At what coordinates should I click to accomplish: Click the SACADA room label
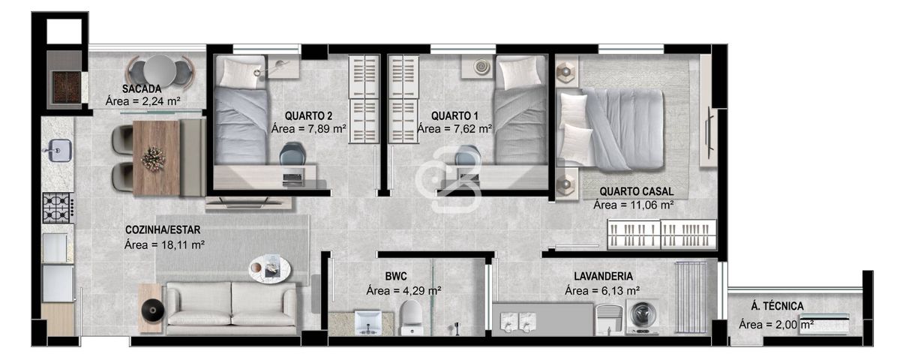click(x=142, y=88)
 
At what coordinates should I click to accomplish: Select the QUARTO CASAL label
click(x=637, y=192)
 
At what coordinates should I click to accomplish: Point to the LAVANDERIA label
click(x=603, y=277)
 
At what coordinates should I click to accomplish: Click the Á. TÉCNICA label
click(x=778, y=306)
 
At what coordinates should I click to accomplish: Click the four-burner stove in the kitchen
click(x=58, y=208)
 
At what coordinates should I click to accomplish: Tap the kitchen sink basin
click(x=60, y=150)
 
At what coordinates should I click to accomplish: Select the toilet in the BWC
click(x=412, y=317)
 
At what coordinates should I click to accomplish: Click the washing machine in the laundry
click(x=643, y=317)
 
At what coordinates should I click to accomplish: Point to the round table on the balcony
click(x=160, y=70)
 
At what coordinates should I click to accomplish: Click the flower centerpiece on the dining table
click(x=153, y=159)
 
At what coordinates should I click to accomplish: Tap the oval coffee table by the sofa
click(x=269, y=268)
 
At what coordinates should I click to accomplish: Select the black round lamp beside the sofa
click(x=153, y=310)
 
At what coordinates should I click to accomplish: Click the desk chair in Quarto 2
click(x=292, y=154)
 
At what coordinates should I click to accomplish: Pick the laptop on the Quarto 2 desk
click(x=293, y=178)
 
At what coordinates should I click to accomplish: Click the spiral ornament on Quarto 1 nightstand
click(x=481, y=67)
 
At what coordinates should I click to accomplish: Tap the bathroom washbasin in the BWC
click(x=368, y=322)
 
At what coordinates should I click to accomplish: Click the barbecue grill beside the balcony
click(x=67, y=87)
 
